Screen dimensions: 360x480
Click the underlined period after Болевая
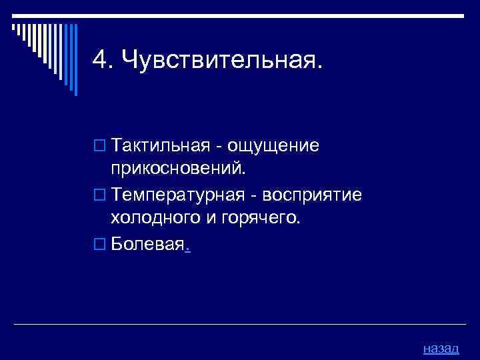[x=187, y=248]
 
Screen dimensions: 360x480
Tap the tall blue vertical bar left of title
[x=75, y=60]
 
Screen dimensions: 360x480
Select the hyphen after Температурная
[x=253, y=197]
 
